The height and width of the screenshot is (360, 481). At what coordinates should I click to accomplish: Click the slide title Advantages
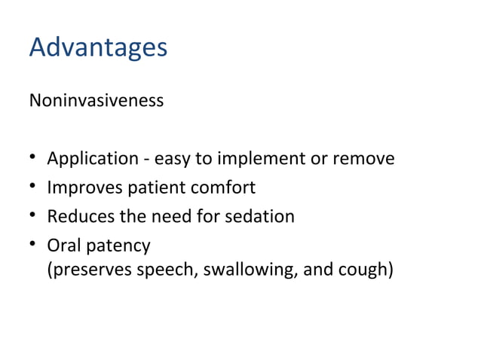(x=98, y=48)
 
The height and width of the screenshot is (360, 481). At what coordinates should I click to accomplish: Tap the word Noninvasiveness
(x=96, y=100)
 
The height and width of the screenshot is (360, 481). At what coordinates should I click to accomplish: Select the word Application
(x=93, y=160)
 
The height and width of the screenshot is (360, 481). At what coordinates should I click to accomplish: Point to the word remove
(x=361, y=160)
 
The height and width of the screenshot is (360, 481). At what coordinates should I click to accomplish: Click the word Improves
(x=81, y=188)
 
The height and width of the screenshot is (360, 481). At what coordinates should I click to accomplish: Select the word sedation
(x=262, y=217)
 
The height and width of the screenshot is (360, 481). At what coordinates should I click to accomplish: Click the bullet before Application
(x=33, y=160)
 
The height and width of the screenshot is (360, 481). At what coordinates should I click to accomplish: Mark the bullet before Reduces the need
(x=33, y=217)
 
